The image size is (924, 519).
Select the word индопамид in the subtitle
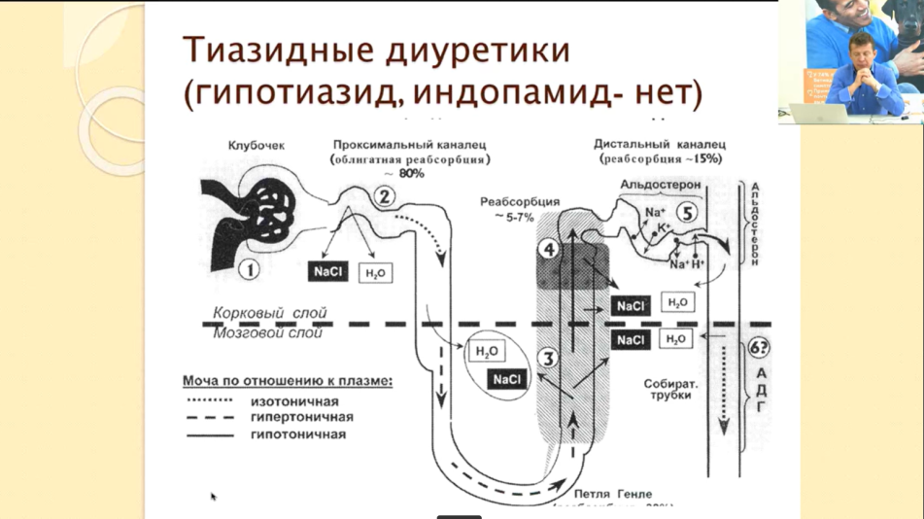pyautogui.click(x=515, y=93)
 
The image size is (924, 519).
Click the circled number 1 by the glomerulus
pyautogui.click(x=250, y=268)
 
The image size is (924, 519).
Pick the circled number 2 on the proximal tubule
pyautogui.click(x=385, y=197)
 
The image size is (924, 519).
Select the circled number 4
pyautogui.click(x=550, y=250)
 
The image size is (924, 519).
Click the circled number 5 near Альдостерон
pyautogui.click(x=687, y=212)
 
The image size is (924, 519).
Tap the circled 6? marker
pyautogui.click(x=760, y=349)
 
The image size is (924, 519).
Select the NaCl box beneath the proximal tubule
pyautogui.click(x=328, y=272)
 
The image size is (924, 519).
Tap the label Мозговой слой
pyautogui.click(x=269, y=334)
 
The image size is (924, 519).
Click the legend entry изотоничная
pyautogui.click(x=294, y=400)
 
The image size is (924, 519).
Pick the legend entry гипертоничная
pyautogui.click(x=301, y=417)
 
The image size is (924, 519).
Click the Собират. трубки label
pyautogui.click(x=667, y=390)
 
